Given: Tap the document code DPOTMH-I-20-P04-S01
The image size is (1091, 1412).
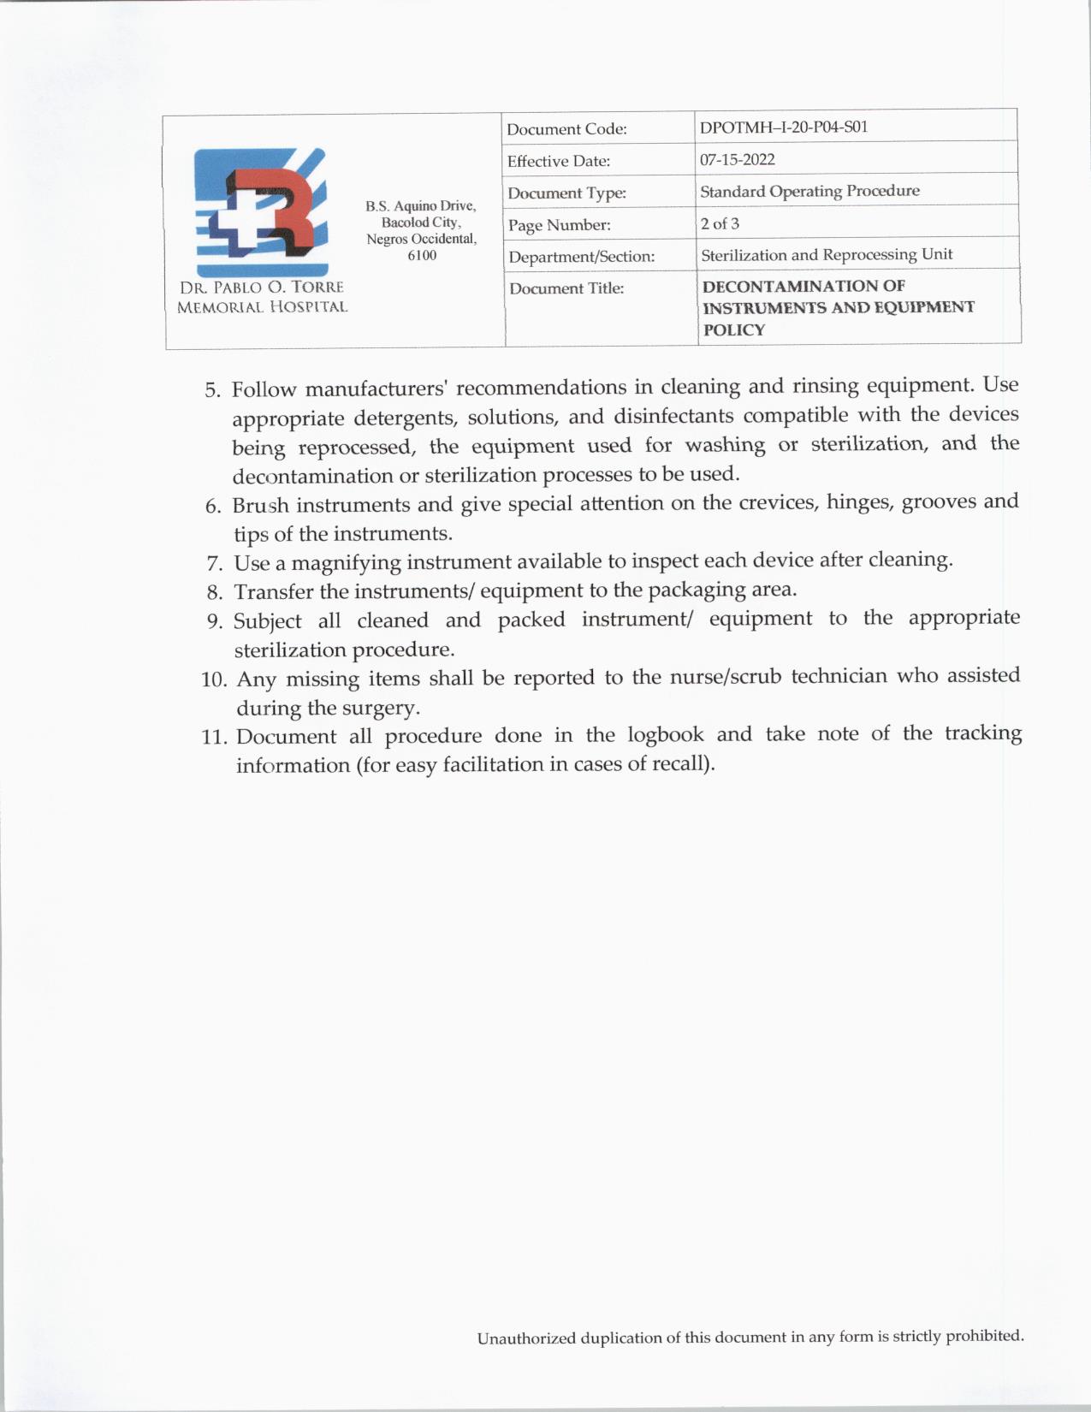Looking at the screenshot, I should pyautogui.click(x=783, y=128).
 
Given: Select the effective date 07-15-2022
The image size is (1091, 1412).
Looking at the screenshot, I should pyautogui.click(x=737, y=159).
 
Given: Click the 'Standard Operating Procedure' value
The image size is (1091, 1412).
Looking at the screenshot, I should pyautogui.click(x=809, y=191).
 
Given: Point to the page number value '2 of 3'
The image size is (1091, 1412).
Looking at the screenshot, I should pyautogui.click(x=719, y=223).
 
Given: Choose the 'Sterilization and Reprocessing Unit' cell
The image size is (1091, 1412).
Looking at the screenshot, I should pyautogui.click(x=826, y=255).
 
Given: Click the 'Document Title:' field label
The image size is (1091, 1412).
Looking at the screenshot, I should pyautogui.click(x=566, y=288).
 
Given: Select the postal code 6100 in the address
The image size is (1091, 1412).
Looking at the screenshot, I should pyautogui.click(x=422, y=255).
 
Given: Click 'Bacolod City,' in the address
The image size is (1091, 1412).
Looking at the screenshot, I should pyautogui.click(x=421, y=222).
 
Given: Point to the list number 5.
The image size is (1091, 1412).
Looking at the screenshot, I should pyautogui.click(x=212, y=391).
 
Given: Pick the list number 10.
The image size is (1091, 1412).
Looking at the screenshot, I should pyautogui.click(x=214, y=680).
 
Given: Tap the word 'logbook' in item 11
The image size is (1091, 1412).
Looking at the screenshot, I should pyautogui.click(x=665, y=735).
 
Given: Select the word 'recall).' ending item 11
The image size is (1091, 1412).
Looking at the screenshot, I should pyautogui.click(x=683, y=763).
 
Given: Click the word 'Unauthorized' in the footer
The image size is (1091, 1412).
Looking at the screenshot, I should pyautogui.click(x=525, y=1338).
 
